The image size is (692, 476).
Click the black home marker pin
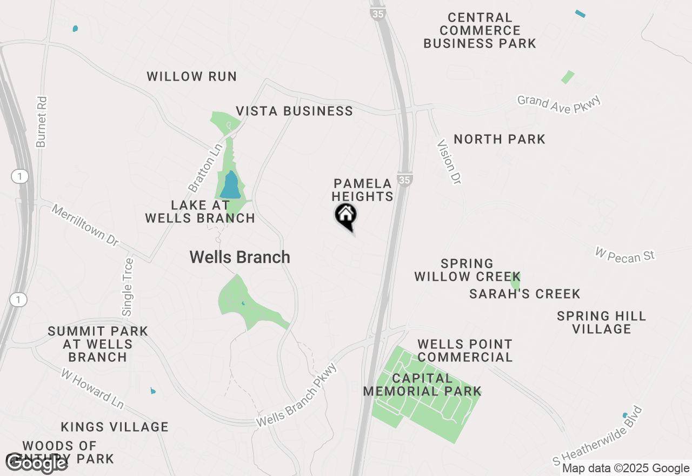tap(346, 216)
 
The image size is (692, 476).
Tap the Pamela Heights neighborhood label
tap(363, 190)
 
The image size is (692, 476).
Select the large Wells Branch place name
tap(239, 257)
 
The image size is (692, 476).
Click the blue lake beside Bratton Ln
tap(231, 186)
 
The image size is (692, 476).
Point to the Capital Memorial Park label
tap(422, 385)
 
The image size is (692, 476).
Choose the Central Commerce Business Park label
tap(480, 31)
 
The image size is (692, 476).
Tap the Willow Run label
tap(192, 76)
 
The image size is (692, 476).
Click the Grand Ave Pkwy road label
tap(559, 103)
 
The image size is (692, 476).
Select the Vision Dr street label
tap(449, 162)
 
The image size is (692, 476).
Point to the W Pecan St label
tap(624, 254)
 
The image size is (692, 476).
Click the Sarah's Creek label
tap(524, 294)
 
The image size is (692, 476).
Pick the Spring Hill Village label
tap(601, 322)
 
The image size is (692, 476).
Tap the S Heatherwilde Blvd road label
tap(599, 435)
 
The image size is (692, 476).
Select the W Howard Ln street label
tap(92, 389)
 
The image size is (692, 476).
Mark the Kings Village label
tap(115, 427)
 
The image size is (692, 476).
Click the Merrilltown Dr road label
tap(85, 224)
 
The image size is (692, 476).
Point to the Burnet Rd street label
tap(42, 122)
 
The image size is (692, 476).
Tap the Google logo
tap(37, 463)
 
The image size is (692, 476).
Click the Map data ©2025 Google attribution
tap(626, 468)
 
